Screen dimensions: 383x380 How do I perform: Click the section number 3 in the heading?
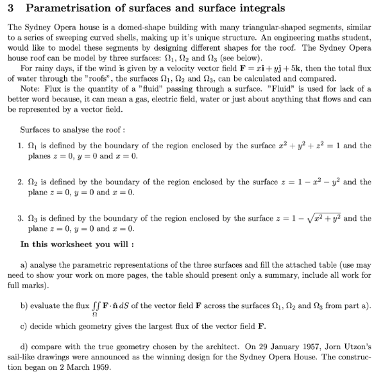[x=11, y=8]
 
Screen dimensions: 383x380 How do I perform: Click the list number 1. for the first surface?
[x=24, y=146]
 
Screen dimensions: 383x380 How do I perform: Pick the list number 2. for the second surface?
[x=24, y=182]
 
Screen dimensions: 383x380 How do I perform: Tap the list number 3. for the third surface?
[x=24, y=218]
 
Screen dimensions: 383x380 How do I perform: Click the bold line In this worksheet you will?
[x=77, y=245]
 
